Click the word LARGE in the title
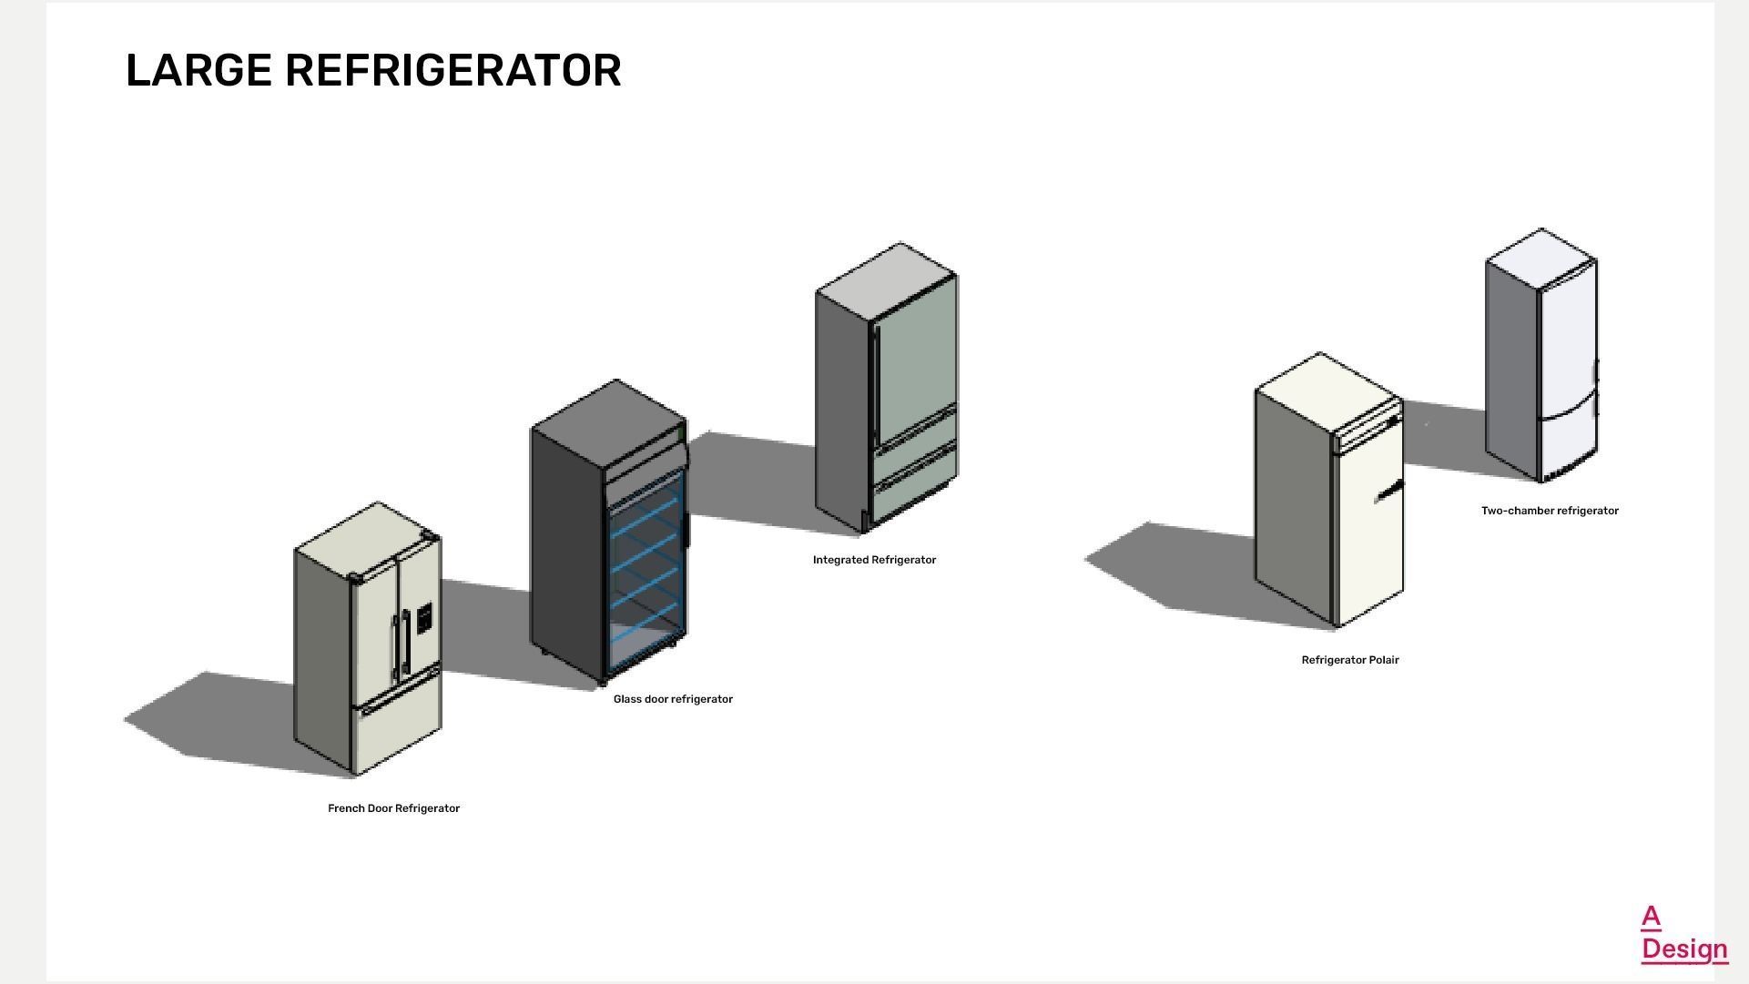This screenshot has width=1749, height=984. click(x=198, y=71)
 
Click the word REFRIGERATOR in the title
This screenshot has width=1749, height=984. click(x=453, y=71)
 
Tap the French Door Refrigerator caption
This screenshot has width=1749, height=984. click(x=393, y=808)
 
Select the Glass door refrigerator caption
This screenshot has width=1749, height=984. click(x=673, y=699)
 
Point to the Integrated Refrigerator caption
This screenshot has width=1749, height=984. click(x=874, y=560)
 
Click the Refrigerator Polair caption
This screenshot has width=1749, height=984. click(x=1349, y=660)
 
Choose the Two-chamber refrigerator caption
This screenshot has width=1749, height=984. click(x=1550, y=511)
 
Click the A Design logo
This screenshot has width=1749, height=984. click(x=1683, y=934)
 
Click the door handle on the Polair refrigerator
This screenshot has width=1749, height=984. click(x=1388, y=492)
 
